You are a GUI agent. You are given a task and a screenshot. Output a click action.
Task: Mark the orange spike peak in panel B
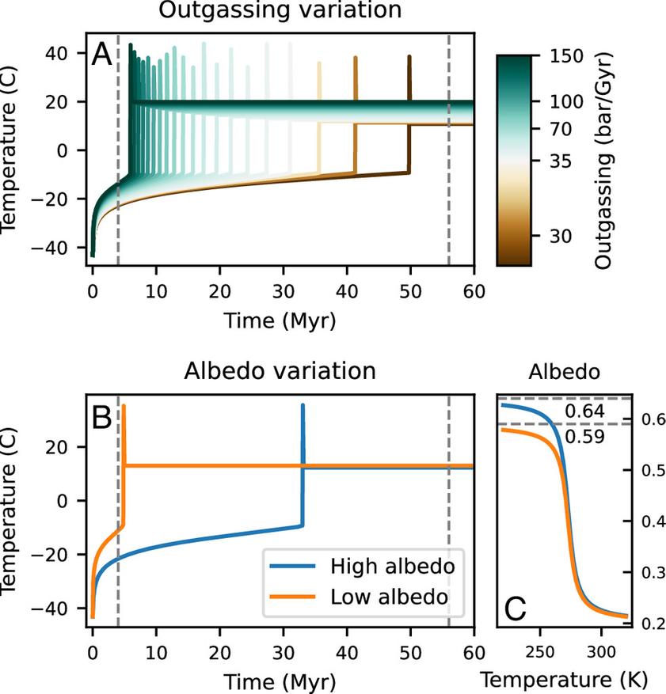coord(124,406)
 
